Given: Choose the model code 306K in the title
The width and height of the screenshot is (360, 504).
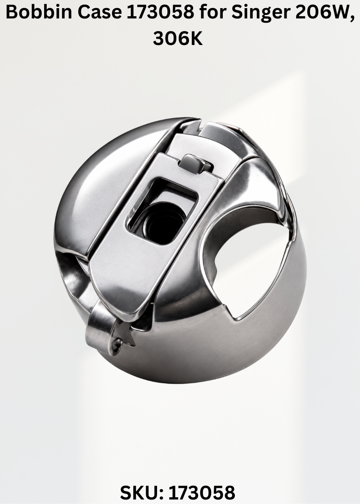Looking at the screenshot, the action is pos(178,38).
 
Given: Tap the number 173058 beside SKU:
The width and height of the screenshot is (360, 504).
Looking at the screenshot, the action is pos(202,492).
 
